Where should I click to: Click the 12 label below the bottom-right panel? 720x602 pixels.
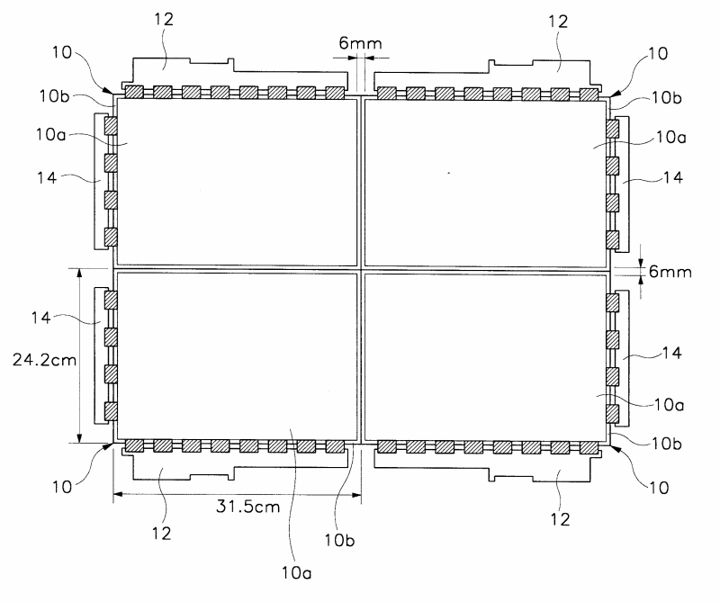(x=561, y=519)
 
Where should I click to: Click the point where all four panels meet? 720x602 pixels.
(x=360, y=269)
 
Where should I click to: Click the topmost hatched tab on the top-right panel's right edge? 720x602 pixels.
(x=613, y=130)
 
